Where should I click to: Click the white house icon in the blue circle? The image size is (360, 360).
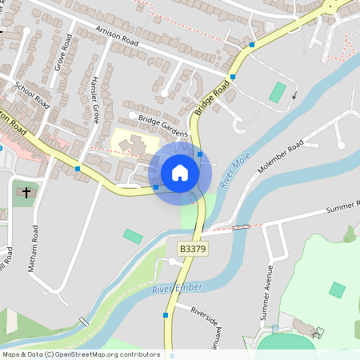pos(180,173)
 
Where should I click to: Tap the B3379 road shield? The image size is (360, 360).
pos(191,250)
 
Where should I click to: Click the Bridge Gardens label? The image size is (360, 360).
pos(162,122)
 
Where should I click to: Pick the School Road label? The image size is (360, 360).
pos(32,94)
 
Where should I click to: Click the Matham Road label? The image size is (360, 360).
pos(33,249)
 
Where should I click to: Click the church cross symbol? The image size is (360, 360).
pos(26,193)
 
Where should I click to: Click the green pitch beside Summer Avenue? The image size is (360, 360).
pos(338,290)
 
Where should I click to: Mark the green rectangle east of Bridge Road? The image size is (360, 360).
pos(277,92)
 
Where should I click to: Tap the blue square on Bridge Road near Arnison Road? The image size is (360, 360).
pos(233,77)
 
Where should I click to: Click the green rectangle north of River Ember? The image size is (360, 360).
pos(133,237)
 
